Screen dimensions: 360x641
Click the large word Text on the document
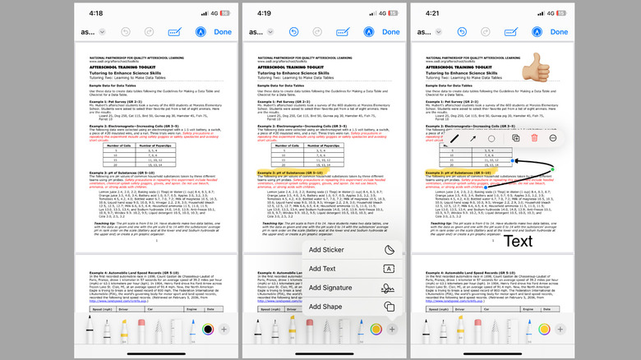(518, 242)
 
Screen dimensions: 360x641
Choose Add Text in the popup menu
(324, 269)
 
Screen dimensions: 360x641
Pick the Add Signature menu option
(330, 288)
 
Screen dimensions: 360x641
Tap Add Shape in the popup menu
(326, 307)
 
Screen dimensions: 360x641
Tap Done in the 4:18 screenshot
(224, 32)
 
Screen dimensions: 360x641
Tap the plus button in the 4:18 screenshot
(224, 330)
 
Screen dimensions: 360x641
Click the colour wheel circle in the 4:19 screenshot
(376, 330)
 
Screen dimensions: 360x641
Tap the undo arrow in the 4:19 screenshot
(294, 32)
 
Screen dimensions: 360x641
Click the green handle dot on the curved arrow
(552, 168)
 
